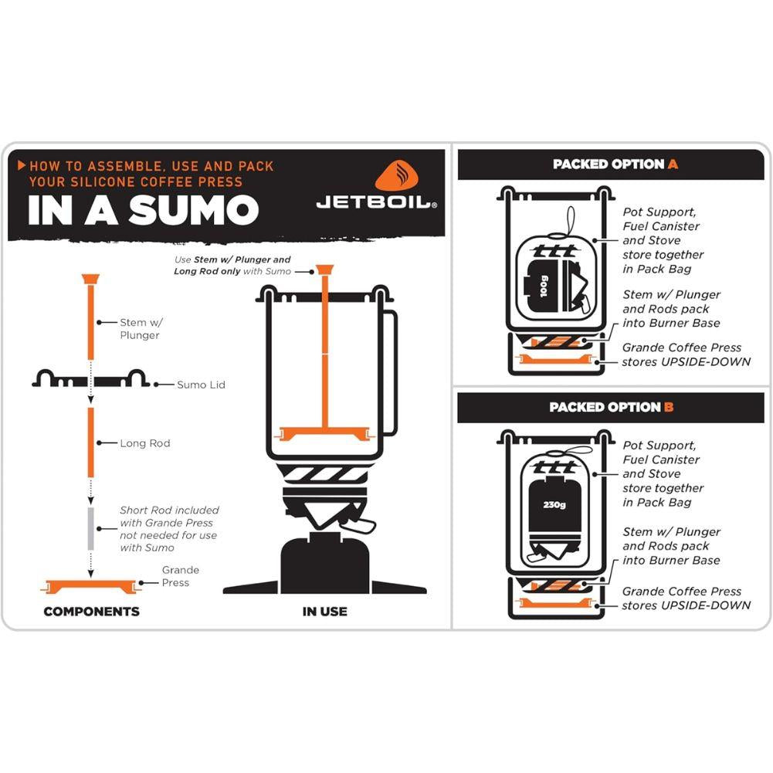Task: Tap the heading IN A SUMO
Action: click(x=143, y=209)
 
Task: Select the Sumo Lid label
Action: click(x=201, y=385)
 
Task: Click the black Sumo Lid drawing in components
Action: click(x=90, y=379)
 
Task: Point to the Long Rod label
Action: click(x=144, y=444)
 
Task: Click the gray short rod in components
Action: click(x=90, y=529)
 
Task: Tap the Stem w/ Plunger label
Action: click(x=141, y=329)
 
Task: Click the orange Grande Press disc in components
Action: click(x=90, y=585)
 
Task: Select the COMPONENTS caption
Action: click(x=91, y=612)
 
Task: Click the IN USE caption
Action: click(x=324, y=612)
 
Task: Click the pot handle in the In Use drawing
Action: click(x=390, y=371)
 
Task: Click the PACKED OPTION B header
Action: click(x=611, y=408)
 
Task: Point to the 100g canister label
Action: click(x=544, y=287)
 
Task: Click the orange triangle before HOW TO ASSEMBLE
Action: click(x=22, y=165)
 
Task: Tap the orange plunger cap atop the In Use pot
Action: click(x=324, y=270)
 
